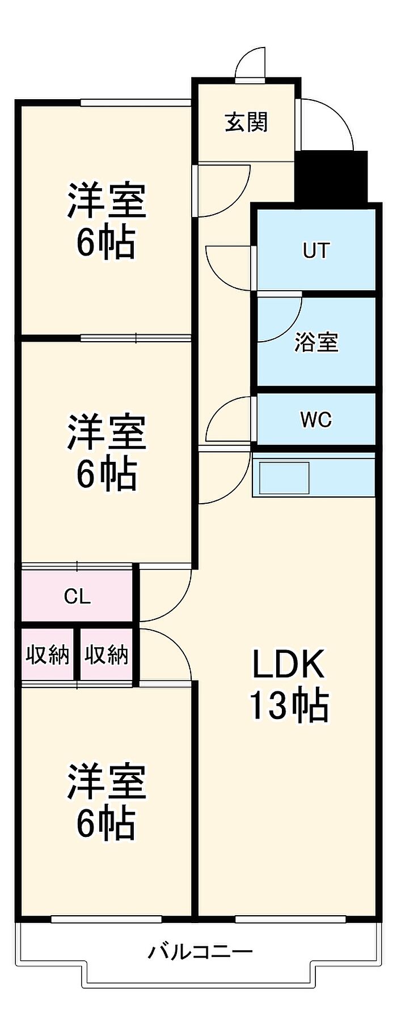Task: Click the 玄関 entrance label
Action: point(246,122)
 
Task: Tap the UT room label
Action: point(316,250)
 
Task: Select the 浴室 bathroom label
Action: point(316,342)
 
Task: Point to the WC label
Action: point(316,420)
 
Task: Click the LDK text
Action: point(288,664)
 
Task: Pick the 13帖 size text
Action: point(288,705)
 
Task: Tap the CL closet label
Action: point(77,596)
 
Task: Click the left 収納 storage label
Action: point(48,654)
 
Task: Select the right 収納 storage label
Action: point(107,654)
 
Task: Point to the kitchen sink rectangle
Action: point(284,478)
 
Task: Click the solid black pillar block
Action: point(332,176)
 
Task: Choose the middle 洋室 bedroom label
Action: point(107,432)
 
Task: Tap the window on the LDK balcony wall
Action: point(290,919)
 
